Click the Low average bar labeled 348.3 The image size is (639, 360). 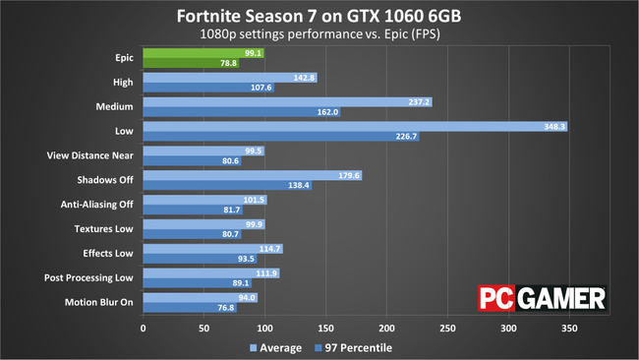(x=354, y=126)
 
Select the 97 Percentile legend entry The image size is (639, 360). (x=352, y=347)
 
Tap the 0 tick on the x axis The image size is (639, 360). (x=144, y=329)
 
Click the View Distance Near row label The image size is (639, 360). (x=87, y=155)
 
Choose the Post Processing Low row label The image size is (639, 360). (x=87, y=278)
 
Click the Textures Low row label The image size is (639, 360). (x=104, y=229)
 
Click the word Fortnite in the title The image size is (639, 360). (x=210, y=17)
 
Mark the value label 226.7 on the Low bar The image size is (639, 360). (x=402, y=137)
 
